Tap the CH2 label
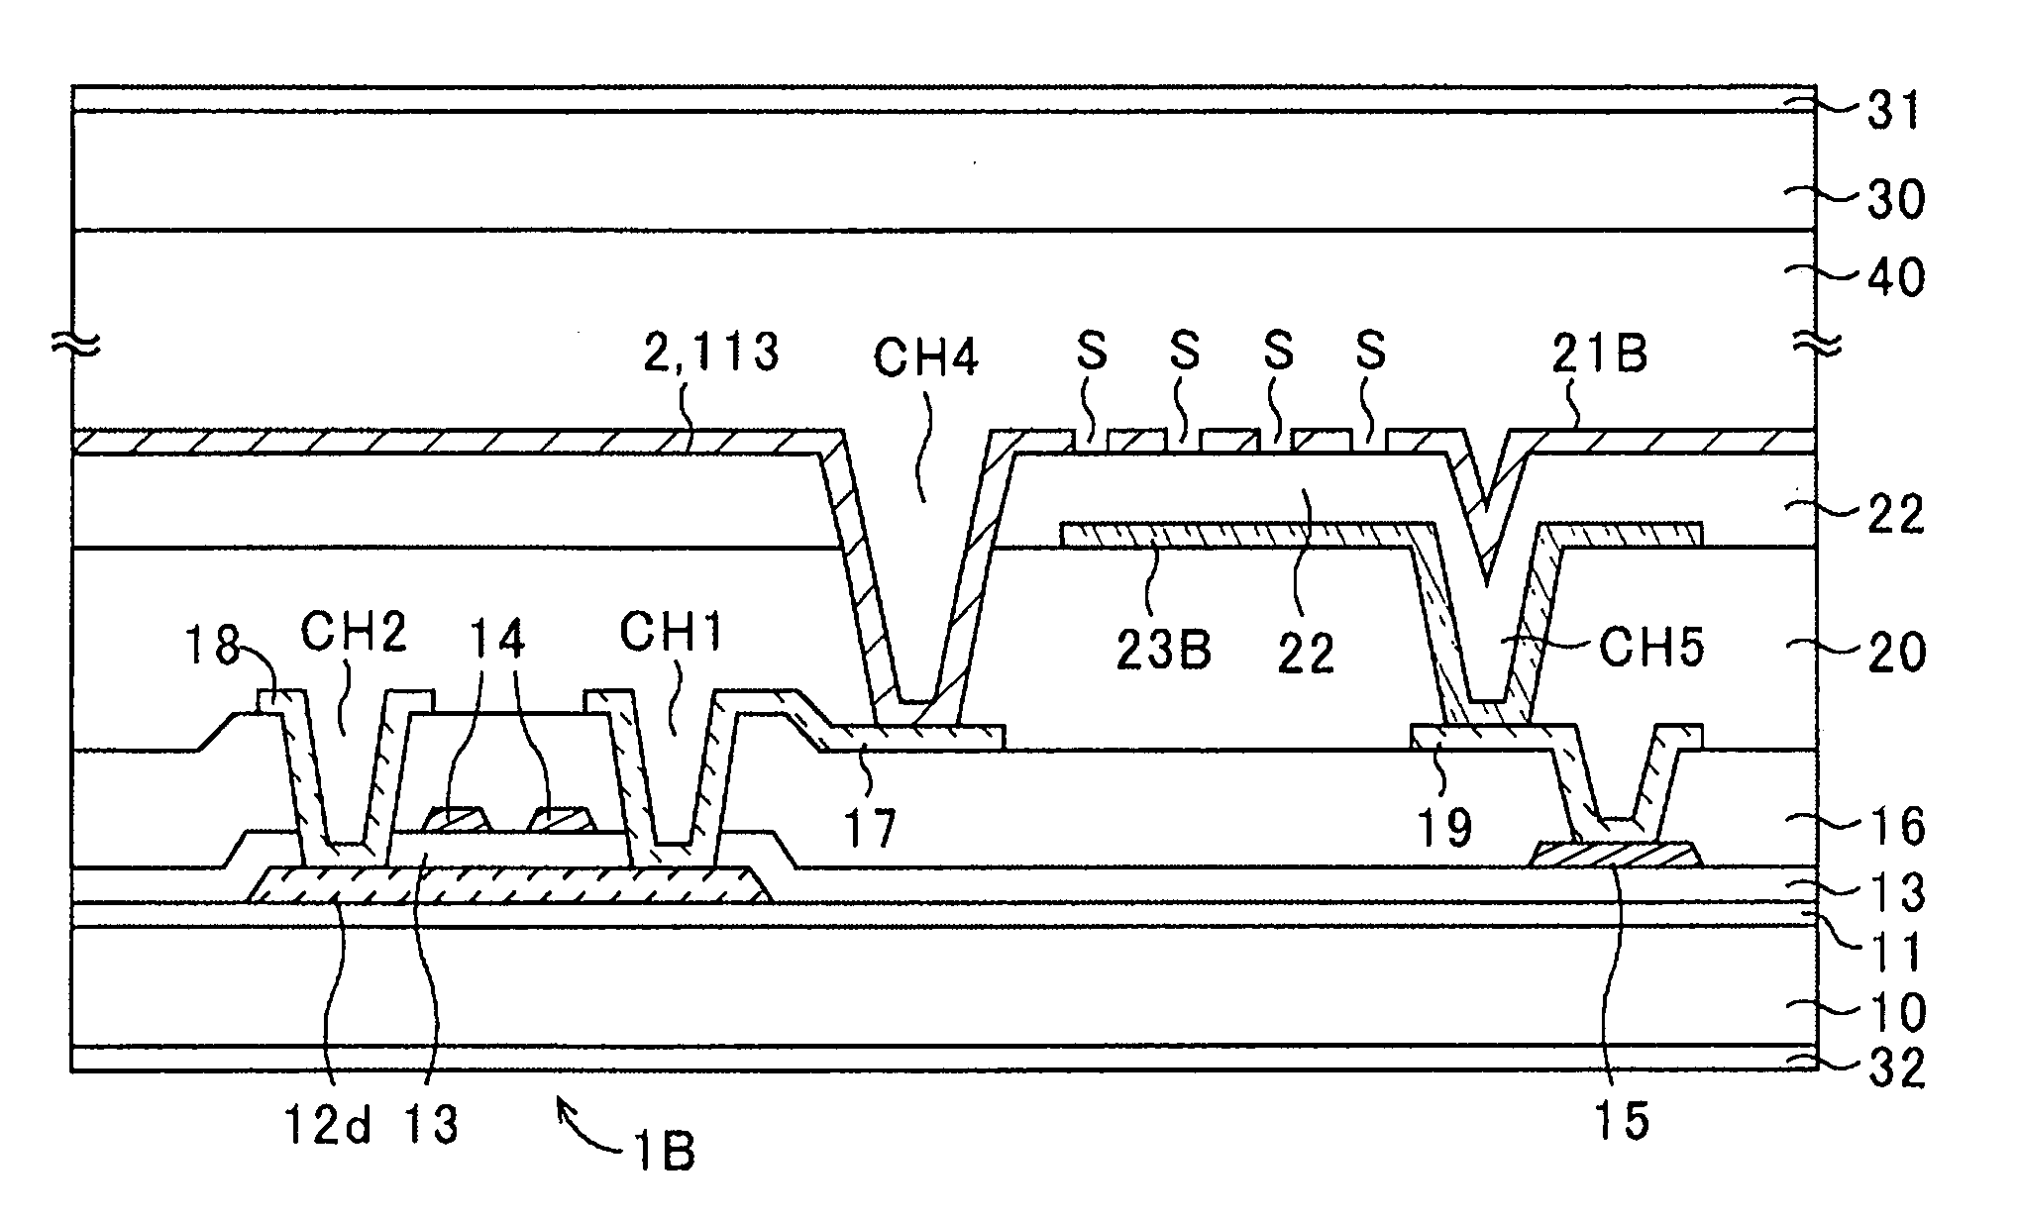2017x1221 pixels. (x=354, y=633)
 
